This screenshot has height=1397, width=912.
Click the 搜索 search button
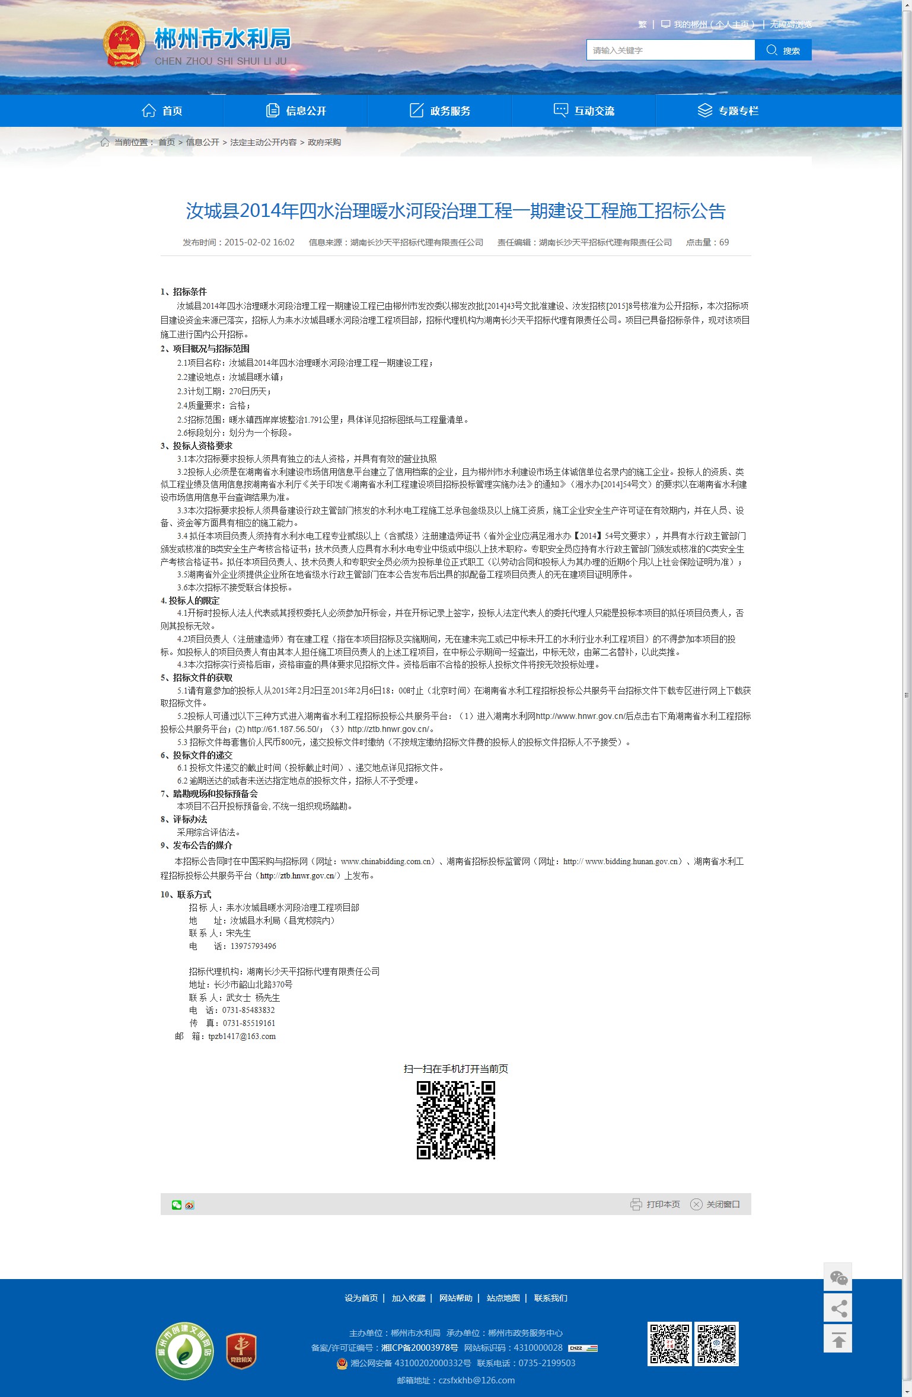783,50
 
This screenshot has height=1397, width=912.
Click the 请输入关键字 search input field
670,50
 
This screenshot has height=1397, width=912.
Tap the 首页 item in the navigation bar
162,111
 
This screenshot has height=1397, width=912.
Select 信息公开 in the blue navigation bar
296,111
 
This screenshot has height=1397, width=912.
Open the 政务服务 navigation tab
440,111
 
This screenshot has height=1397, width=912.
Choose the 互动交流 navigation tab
584,111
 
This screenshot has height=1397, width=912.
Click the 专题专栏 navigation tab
728,111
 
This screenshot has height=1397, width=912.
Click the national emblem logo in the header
124,44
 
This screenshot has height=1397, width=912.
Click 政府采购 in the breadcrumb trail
324,142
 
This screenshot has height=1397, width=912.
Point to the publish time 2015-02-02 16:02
259,242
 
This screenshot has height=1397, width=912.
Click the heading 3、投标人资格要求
196,446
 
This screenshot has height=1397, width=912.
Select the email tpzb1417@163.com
242,1036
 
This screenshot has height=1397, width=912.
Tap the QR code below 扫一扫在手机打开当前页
455,1120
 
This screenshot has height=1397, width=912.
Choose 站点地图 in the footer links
503,1298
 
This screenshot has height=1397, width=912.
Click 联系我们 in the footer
550,1298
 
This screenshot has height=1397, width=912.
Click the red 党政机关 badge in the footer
241,1352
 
